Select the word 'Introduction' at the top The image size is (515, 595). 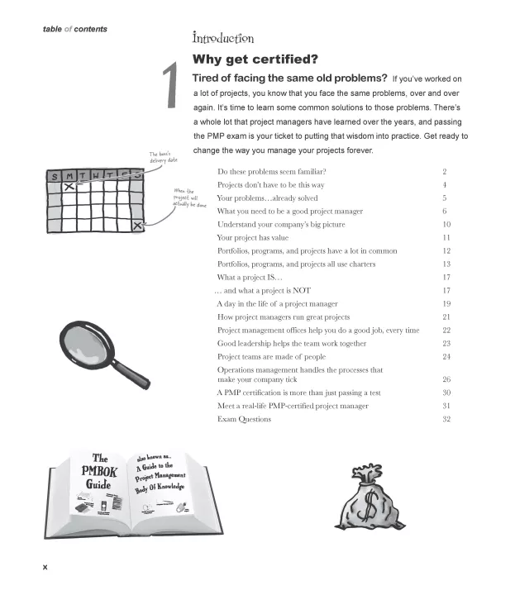(x=222, y=38)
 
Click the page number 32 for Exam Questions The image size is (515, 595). (x=446, y=419)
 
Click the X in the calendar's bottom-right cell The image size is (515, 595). (x=138, y=225)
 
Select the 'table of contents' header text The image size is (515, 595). (x=74, y=30)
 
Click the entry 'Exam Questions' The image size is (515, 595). (x=244, y=419)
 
